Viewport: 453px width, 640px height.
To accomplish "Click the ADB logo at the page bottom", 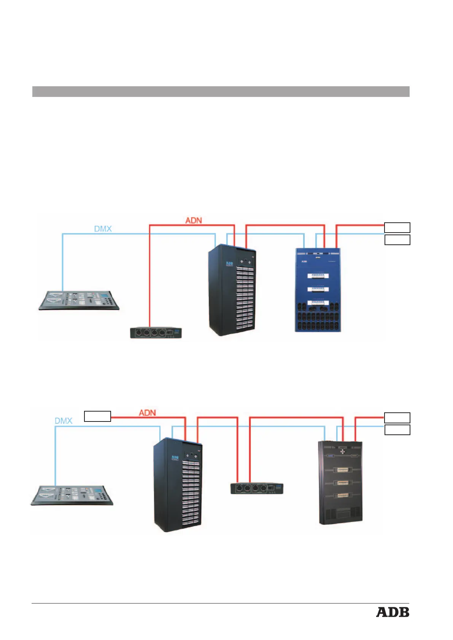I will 393,612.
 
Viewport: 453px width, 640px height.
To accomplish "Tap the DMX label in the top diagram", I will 103,229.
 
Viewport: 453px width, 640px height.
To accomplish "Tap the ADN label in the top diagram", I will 194,220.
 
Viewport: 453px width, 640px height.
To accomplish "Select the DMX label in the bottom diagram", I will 64,421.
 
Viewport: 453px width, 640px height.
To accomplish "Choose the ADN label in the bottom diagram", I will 147,412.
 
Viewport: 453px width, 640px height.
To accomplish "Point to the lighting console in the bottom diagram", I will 72,494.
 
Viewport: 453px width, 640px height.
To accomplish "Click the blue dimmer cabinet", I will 318,290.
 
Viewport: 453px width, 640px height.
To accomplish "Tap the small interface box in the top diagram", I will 156,333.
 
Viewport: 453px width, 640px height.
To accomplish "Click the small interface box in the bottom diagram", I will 257,488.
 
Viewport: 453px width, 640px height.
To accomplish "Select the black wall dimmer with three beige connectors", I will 340,483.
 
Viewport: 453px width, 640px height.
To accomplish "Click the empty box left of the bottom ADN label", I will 97,416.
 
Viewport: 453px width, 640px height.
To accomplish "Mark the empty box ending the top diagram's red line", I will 397,227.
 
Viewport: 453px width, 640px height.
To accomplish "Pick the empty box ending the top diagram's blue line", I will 397,240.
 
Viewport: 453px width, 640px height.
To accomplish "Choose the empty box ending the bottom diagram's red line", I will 397,417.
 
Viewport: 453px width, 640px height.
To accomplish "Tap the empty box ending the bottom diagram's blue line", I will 397,429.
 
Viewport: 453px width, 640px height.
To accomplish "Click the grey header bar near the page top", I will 221,92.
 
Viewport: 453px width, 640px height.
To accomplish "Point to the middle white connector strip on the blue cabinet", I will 318,289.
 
